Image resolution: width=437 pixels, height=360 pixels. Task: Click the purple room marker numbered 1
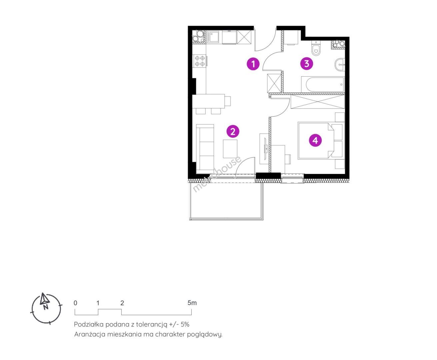[253, 64]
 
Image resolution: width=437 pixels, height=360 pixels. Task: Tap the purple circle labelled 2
[233, 131]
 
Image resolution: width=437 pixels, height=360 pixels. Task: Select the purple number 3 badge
[307, 63]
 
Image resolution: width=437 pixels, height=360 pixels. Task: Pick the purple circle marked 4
[315, 140]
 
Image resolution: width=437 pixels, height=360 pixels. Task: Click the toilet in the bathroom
[316, 48]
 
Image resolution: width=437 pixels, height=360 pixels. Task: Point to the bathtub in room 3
[323, 85]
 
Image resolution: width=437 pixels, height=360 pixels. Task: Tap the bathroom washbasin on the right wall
[340, 65]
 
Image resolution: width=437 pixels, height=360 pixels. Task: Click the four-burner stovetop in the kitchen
[199, 61]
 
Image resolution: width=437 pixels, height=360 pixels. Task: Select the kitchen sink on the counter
[213, 37]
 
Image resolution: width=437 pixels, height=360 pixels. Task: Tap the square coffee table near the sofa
[230, 149]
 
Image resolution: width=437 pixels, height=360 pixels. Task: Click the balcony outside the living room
[226, 201]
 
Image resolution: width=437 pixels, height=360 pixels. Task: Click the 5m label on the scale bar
[192, 303]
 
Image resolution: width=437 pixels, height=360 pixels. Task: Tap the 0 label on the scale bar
[75, 303]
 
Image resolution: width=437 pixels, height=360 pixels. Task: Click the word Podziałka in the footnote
[89, 324]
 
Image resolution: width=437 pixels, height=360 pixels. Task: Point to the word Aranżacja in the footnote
[90, 334]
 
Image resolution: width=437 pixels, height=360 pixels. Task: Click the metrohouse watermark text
[216, 174]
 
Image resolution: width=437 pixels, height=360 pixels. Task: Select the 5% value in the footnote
[185, 324]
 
